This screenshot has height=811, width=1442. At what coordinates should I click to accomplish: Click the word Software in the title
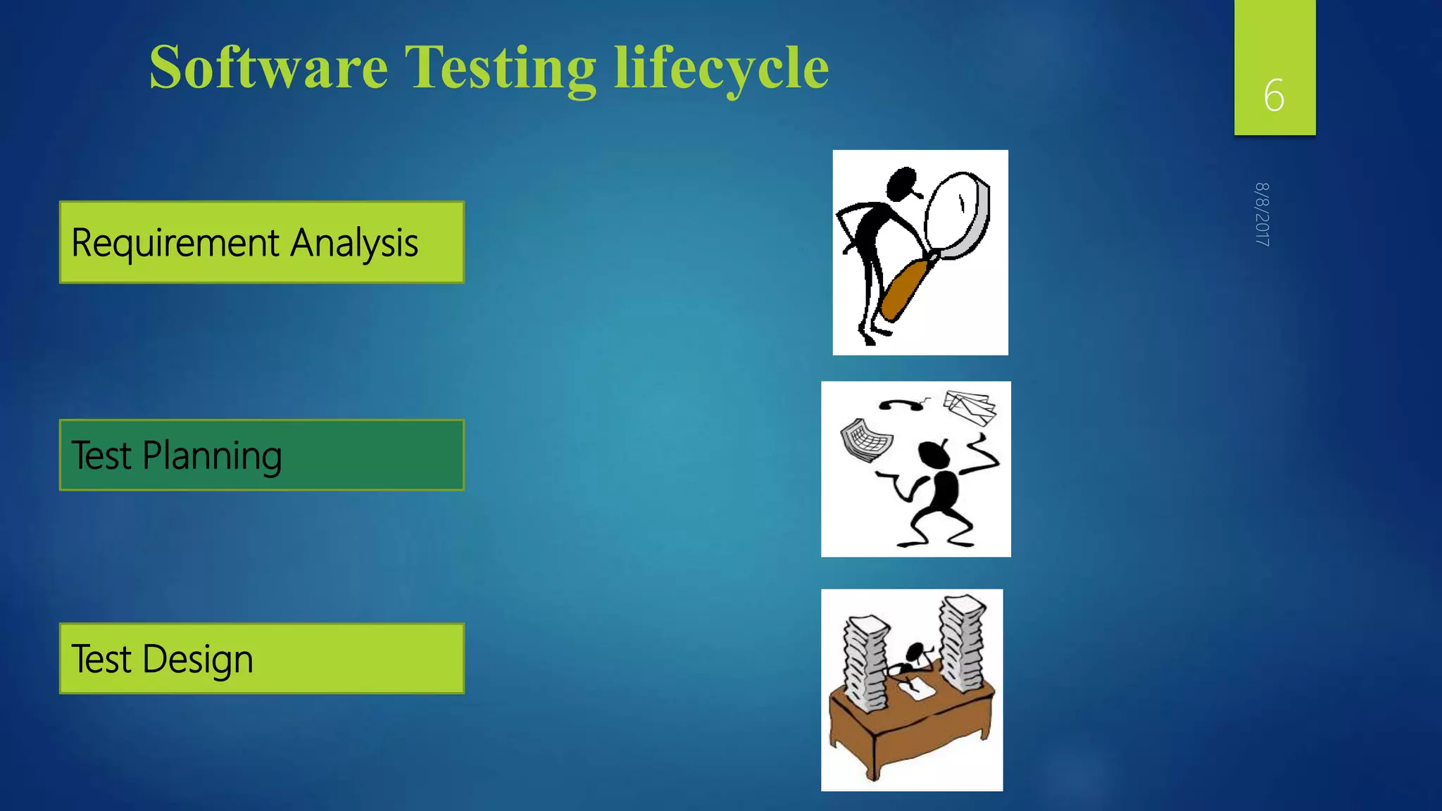(268, 68)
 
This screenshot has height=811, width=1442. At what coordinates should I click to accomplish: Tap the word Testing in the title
(500, 69)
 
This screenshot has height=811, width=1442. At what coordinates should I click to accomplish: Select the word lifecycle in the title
(721, 68)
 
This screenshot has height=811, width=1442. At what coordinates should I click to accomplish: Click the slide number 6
(1274, 96)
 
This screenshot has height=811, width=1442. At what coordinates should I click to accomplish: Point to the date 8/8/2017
(1262, 214)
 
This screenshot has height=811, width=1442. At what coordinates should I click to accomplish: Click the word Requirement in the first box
(175, 244)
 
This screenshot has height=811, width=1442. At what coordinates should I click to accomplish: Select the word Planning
(212, 456)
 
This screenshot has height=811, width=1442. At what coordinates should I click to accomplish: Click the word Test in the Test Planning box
(101, 455)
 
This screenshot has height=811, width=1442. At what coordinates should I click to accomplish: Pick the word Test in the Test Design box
(101, 660)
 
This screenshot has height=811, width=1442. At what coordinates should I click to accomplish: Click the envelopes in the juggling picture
(970, 408)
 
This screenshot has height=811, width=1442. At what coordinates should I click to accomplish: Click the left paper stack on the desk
(865, 662)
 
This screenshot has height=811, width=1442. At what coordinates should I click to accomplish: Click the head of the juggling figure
(934, 454)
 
